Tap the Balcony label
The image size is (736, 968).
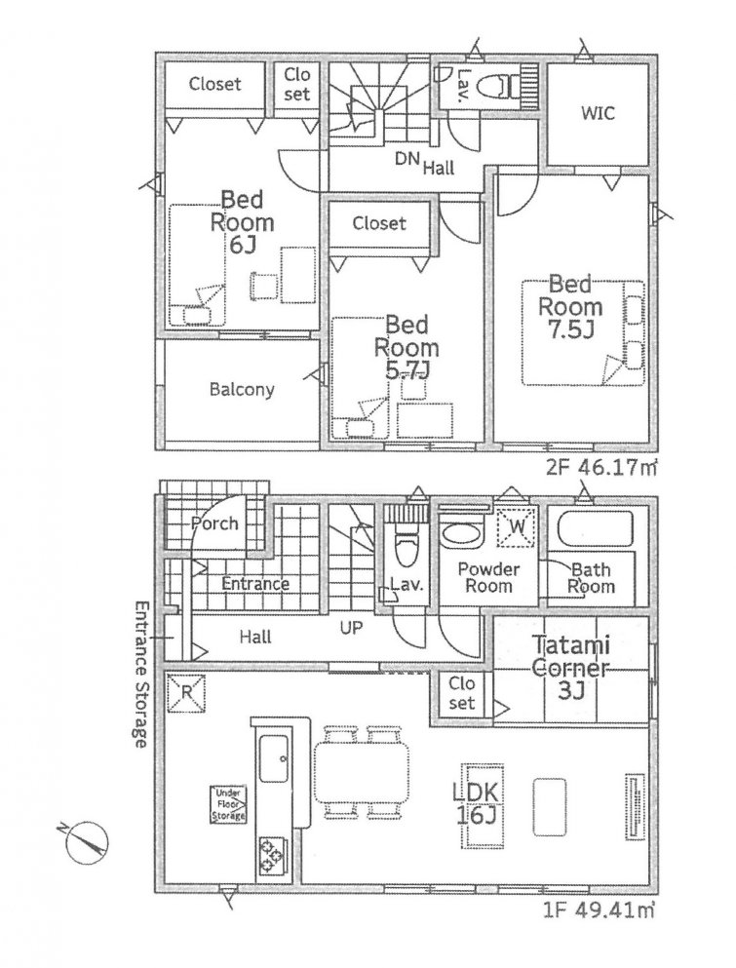[x=242, y=390]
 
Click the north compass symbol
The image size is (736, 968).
[x=87, y=840]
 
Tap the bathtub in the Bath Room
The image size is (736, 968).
[x=594, y=530]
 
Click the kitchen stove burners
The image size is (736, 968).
[x=272, y=855]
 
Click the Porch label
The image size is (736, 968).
[x=214, y=523]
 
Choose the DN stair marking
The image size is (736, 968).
[x=407, y=158]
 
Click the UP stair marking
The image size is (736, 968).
[x=351, y=629]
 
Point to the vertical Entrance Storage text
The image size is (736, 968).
[x=139, y=673]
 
